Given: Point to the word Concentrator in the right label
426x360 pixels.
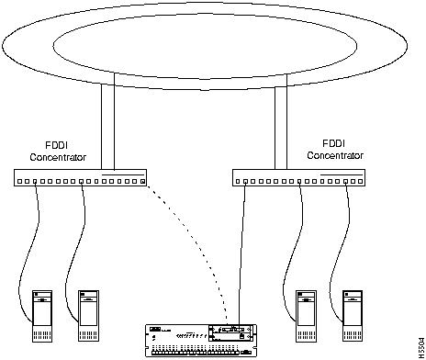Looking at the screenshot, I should click(339, 157).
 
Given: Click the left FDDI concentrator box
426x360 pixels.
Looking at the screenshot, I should click(80, 178).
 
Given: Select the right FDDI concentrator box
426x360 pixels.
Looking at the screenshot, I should click(298, 178).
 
